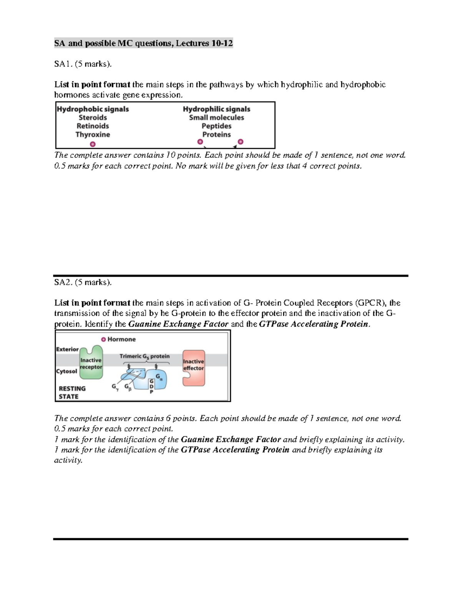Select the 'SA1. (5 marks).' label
83,64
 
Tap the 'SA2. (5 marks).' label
83,282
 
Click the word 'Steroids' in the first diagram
93,118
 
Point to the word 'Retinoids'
93,126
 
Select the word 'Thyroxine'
93,135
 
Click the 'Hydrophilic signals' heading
216,109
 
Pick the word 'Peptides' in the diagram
216,126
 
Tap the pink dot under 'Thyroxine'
93,144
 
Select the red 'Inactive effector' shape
193,367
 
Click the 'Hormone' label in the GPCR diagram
121,339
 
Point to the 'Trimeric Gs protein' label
144,357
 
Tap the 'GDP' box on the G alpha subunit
151,386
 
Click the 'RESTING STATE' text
72,393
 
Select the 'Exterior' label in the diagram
67,349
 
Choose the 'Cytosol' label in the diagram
66,371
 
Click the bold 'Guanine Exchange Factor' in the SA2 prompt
178,324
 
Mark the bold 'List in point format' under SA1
92,84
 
